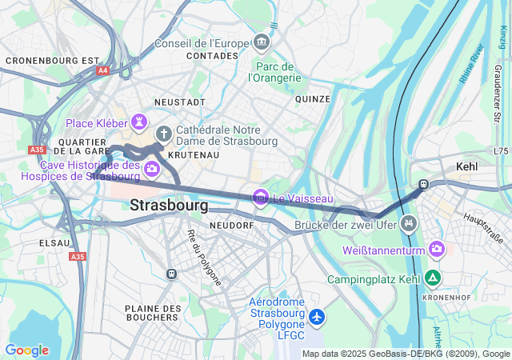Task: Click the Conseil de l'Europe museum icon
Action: [262, 42]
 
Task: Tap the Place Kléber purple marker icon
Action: [142, 122]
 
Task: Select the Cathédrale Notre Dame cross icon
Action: [163, 133]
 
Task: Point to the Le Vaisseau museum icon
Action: [260, 197]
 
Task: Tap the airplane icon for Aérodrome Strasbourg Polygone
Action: [318, 318]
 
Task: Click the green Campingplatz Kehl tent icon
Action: [433, 278]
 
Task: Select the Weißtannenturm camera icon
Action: [437, 250]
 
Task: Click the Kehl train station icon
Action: [423, 185]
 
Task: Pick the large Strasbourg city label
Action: [169, 206]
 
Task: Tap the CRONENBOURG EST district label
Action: [52, 60]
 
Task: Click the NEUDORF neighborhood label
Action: [231, 226]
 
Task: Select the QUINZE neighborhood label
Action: [312, 99]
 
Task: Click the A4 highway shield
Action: [102, 70]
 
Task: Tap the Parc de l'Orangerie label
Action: [274, 72]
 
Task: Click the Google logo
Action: [26, 350]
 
